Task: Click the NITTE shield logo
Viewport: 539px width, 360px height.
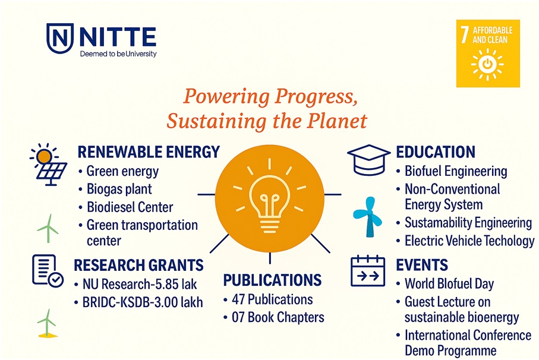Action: coord(60,38)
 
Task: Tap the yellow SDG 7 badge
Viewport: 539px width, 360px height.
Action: coord(488,53)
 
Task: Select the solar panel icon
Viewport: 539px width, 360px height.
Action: coord(49,165)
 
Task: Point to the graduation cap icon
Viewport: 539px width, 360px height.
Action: coord(369,160)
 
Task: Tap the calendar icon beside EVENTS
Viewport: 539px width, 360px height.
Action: coord(367,271)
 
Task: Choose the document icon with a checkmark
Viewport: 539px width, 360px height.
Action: coord(48,271)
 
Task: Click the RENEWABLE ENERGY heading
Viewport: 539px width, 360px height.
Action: coord(149,152)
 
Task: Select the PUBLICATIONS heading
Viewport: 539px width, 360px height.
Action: coord(272,280)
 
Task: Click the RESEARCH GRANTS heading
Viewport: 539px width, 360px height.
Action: coord(138,265)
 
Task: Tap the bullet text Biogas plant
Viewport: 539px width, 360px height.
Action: coord(119,190)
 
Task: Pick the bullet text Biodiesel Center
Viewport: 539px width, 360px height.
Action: coord(130,207)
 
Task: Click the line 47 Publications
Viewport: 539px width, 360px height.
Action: coord(272,299)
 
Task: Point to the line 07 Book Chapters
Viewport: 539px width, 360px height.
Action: coord(278,317)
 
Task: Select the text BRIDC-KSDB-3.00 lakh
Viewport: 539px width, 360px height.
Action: coord(143,302)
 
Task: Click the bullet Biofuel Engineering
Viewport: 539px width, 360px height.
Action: coord(456,172)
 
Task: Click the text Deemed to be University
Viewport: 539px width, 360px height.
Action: coord(118,54)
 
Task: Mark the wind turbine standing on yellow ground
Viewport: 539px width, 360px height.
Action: coord(47,323)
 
